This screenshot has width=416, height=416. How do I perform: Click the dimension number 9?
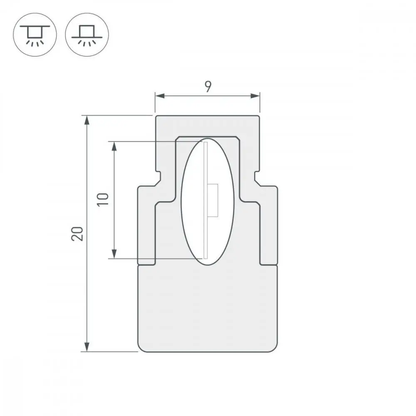(x=208, y=87)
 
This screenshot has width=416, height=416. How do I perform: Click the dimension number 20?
(x=77, y=234)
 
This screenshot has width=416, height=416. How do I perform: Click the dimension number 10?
(x=103, y=199)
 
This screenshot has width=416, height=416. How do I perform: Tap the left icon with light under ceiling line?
(x=35, y=35)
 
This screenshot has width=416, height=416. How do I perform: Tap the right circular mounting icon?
(x=87, y=35)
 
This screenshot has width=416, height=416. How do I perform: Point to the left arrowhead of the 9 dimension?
(x=160, y=96)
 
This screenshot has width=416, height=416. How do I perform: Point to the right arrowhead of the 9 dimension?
(x=255, y=96)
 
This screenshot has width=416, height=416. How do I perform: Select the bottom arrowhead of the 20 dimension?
(x=87, y=347)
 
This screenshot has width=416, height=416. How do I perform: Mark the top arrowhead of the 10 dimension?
(x=114, y=146)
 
